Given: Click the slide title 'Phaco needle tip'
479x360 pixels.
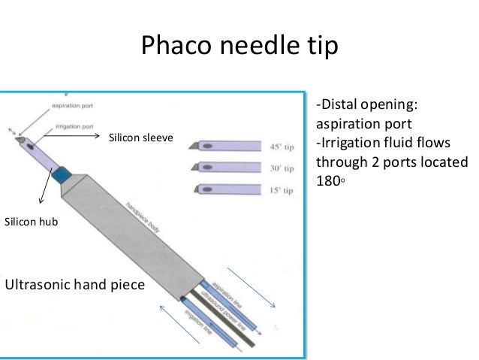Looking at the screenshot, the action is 239,46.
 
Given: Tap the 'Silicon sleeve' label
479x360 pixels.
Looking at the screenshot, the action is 141,138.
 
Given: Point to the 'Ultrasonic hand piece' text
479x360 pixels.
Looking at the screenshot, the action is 74,285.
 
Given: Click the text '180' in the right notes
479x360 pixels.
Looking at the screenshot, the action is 329,180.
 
